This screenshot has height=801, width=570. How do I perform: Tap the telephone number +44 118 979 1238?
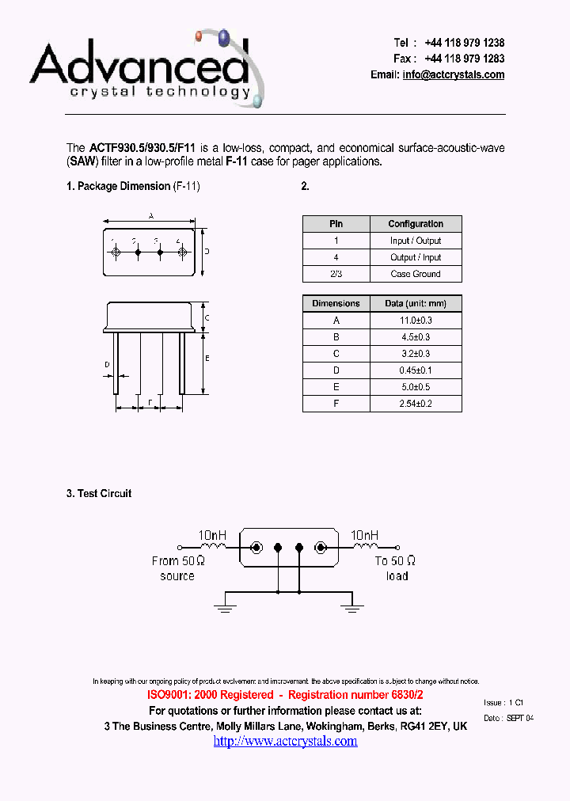464,43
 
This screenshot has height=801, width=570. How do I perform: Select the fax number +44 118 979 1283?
464,59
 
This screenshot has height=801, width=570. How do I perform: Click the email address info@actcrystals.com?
453,75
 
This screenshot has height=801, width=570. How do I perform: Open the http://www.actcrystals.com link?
285,741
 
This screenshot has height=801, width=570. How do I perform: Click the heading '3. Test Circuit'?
99,493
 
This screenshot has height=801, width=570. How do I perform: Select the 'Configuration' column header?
416,224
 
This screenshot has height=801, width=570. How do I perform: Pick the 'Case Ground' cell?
416,274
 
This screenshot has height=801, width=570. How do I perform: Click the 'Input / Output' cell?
416,241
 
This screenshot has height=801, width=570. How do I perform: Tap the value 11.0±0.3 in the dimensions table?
416,321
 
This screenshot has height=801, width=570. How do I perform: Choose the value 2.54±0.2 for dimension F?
416,404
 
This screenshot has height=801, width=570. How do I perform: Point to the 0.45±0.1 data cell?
416,370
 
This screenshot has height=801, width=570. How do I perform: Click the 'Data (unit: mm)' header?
416,303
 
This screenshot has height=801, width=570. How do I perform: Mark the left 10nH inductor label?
212,535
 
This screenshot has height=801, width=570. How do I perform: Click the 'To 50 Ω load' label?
396,568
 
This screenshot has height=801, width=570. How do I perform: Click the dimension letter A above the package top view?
150,215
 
